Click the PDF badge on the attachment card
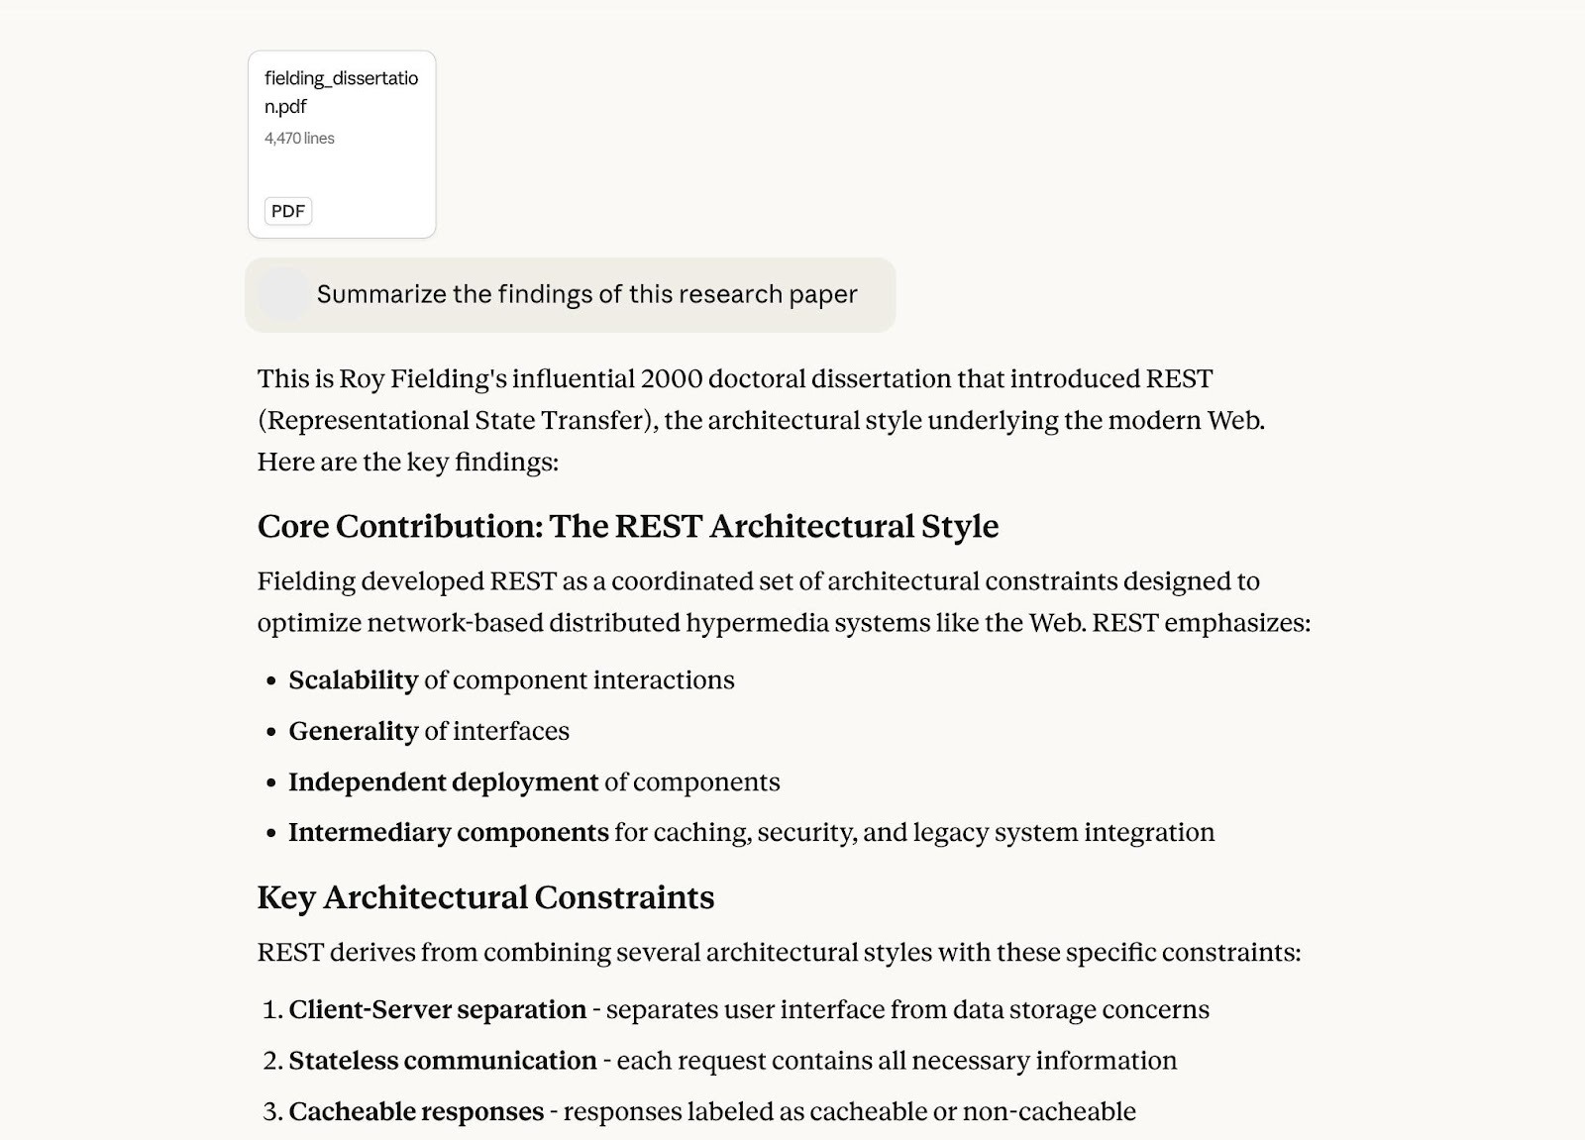[288, 211]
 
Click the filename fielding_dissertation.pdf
[341, 91]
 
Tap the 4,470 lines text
[299, 139]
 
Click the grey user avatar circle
[283, 294]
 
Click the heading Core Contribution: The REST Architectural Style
[627, 526]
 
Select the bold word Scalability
[353, 680]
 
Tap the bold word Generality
[353, 731]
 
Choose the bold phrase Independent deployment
[443, 782]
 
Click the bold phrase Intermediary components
[448, 833]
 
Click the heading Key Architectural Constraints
[485, 897]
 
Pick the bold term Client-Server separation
[437, 1010]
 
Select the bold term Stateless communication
[442, 1061]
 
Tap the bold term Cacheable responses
[416, 1112]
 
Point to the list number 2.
[272, 1061]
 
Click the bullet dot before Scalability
[271, 681]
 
